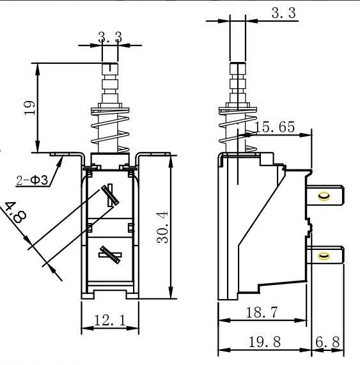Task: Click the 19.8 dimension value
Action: click(x=263, y=343)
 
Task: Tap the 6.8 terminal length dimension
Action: click(x=328, y=343)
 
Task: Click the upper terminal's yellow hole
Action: click(x=323, y=196)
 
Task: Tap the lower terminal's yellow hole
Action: click(x=323, y=256)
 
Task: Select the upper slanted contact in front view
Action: click(x=110, y=196)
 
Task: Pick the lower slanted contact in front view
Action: click(x=110, y=254)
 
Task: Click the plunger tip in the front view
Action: click(x=110, y=68)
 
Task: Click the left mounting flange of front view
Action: click(x=67, y=154)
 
